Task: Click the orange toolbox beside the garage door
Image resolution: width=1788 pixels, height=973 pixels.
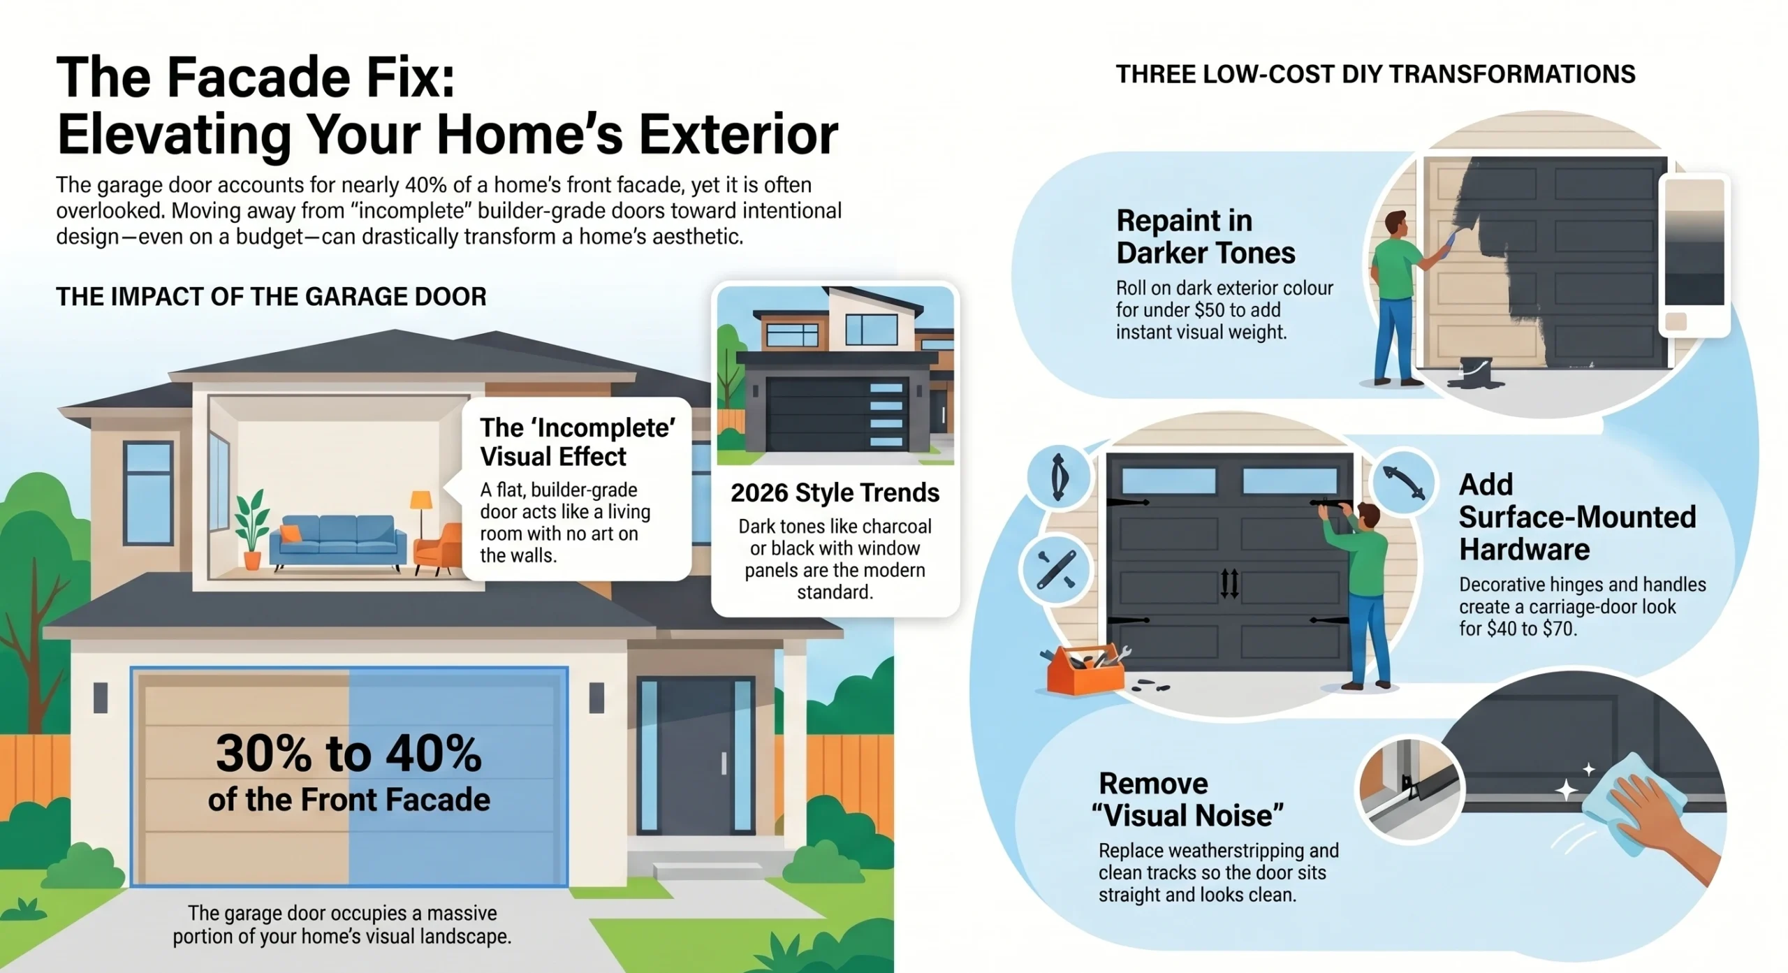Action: coord(1085,670)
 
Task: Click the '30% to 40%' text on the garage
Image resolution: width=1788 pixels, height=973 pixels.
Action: coord(349,754)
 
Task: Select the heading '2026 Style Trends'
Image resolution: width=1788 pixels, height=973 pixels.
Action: coord(835,492)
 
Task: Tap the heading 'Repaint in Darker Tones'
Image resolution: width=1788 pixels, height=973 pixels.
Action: coord(1206,237)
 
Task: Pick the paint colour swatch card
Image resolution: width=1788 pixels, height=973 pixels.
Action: coord(1694,255)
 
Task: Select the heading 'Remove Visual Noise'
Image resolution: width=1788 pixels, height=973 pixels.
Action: coord(1187,799)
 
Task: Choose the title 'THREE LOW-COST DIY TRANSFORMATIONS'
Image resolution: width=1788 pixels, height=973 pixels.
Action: coord(1375,74)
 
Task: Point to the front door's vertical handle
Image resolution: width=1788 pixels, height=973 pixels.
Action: coord(724,763)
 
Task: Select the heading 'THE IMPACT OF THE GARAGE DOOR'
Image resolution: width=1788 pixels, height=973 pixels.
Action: coord(271,297)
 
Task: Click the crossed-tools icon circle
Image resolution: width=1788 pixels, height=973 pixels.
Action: coord(1055,570)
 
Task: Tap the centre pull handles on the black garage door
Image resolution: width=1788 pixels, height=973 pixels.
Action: coord(1230,584)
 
